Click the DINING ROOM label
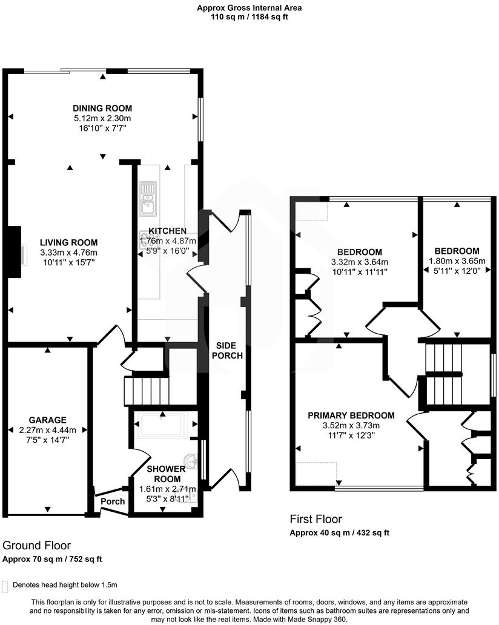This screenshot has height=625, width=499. (102, 108)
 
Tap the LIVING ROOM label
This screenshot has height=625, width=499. (68, 242)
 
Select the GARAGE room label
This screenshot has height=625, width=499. (47, 420)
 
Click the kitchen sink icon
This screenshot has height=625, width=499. (148, 199)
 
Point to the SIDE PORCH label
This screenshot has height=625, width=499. (227, 351)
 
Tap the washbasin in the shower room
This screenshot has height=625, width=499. (193, 461)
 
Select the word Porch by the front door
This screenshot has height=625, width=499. (113, 501)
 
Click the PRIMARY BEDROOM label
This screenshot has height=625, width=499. (351, 415)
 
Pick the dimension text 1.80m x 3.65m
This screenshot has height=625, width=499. (457, 261)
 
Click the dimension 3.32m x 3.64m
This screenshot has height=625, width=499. (360, 262)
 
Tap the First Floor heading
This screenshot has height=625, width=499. (316, 519)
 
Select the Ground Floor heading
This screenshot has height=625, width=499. (37, 545)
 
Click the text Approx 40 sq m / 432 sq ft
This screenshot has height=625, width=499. (340, 532)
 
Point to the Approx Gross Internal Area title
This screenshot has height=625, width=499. (249, 8)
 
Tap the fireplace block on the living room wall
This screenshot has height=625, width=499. (15, 252)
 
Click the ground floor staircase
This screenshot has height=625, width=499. (147, 391)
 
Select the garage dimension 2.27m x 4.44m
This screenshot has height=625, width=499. (47, 430)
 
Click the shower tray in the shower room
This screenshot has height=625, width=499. (163, 425)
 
